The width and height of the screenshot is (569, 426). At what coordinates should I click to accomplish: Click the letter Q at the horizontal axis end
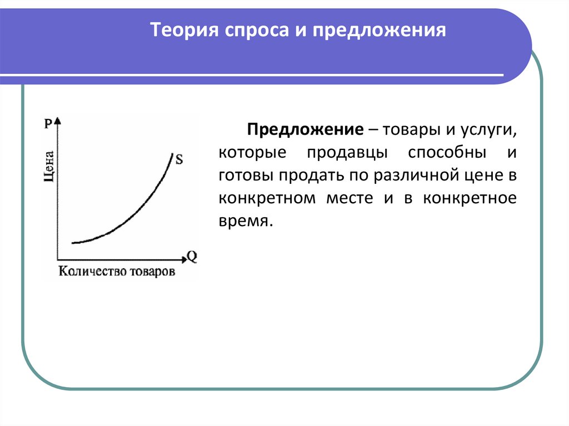pos(192,257)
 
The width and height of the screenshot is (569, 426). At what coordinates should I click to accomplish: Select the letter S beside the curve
pos(179,159)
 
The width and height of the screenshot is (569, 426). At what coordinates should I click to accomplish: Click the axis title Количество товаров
pos(116,272)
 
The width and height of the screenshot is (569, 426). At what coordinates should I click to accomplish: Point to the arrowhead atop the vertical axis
pos(58,121)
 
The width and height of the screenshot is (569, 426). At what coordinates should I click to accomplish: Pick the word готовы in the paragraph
pos(243,176)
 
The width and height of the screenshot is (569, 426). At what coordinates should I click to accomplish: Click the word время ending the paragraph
pos(246,221)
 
